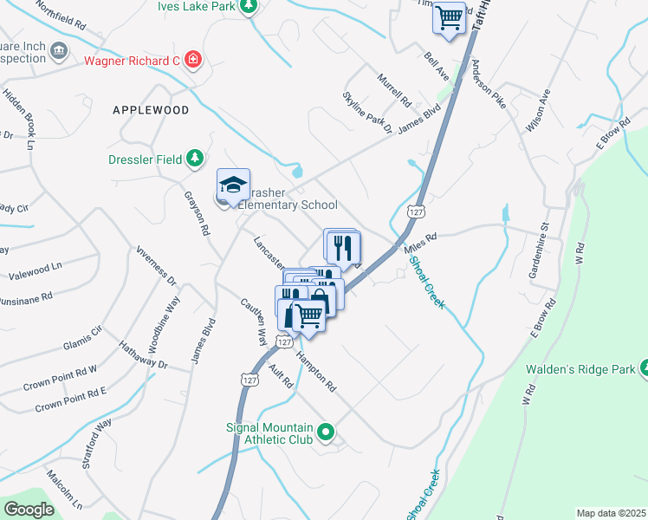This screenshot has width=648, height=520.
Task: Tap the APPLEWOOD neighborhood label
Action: pyautogui.click(x=150, y=111)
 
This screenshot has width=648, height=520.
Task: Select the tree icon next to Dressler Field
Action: pyautogui.click(x=197, y=158)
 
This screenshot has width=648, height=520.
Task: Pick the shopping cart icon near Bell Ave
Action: pyautogui.click(x=449, y=16)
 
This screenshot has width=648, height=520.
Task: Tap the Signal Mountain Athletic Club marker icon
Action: pyautogui.click(x=326, y=431)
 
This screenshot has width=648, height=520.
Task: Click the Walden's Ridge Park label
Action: pyautogui.click(x=579, y=370)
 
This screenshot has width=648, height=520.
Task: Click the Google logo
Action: pyautogui.click(x=29, y=510)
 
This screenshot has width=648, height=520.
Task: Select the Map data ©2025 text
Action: pyautogui.click(x=610, y=513)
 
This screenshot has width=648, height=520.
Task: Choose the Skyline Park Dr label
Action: pyautogui.click(x=367, y=112)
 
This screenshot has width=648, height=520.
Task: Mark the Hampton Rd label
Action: pyautogui.click(x=315, y=373)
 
